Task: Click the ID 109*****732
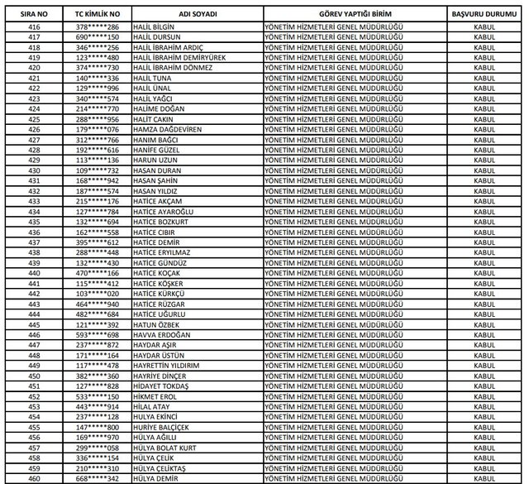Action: (x=98, y=170)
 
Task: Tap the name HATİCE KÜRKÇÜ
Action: (x=160, y=293)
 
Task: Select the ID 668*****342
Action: (x=98, y=477)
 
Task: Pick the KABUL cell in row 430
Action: (x=484, y=170)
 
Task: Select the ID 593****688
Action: (x=98, y=334)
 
